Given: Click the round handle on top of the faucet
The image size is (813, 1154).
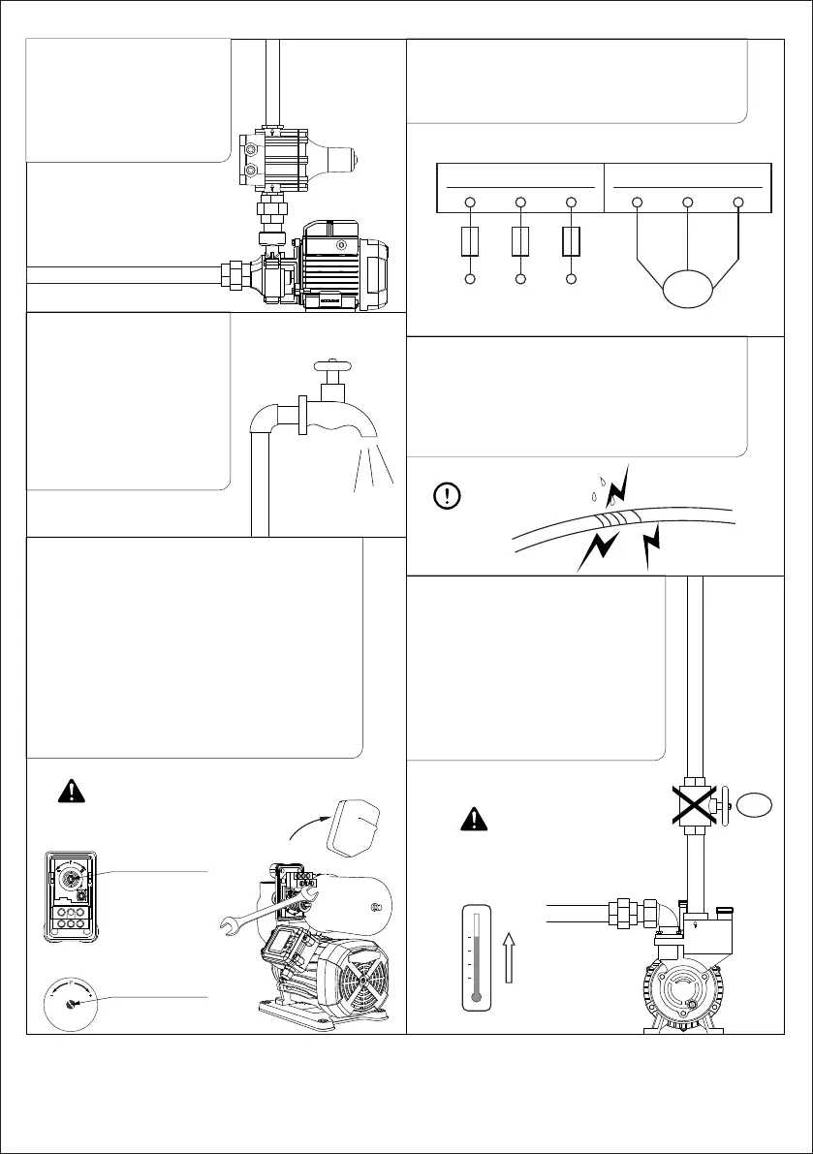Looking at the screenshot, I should [x=329, y=366].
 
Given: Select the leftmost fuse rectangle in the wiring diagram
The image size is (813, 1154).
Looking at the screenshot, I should [x=469, y=240].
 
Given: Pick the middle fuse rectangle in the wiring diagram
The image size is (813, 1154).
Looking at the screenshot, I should [x=520, y=240].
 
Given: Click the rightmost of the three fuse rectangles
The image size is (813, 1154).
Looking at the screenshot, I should [x=572, y=240].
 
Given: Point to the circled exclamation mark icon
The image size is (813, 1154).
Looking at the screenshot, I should [x=447, y=496].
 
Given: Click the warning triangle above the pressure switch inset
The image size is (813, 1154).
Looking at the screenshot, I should [x=70, y=791].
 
